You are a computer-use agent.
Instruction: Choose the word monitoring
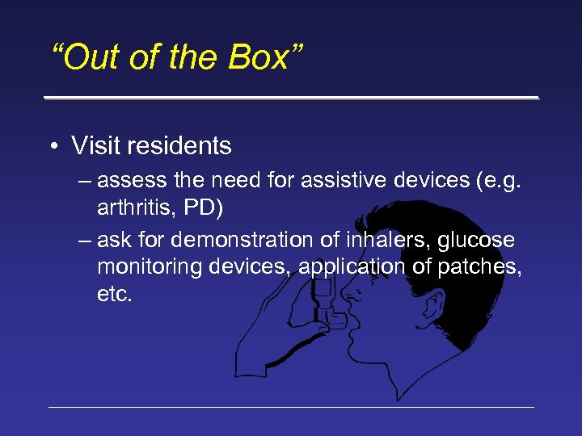click(x=151, y=267)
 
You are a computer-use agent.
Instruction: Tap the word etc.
click(x=114, y=294)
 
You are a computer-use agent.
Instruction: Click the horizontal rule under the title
click(x=291, y=98)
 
